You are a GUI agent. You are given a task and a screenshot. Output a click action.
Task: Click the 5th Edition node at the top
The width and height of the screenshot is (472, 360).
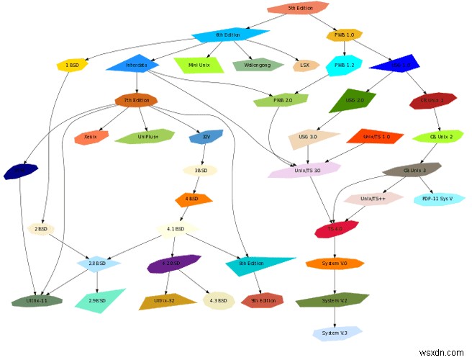click(x=299, y=8)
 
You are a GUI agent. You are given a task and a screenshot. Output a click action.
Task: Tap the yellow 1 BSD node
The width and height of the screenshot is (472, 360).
click(x=72, y=66)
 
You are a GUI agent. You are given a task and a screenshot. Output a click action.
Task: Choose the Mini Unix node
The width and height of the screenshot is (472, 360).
click(x=198, y=65)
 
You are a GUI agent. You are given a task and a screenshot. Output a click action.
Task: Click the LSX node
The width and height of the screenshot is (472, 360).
click(x=306, y=66)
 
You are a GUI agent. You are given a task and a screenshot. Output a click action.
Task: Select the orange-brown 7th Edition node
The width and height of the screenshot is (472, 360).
click(x=137, y=100)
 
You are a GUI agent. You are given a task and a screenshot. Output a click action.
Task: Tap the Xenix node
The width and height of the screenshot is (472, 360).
click(x=91, y=136)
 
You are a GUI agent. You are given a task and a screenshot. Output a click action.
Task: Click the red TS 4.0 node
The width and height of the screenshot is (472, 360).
click(x=336, y=230)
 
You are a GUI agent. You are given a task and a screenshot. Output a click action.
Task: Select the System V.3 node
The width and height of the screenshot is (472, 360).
click(x=336, y=333)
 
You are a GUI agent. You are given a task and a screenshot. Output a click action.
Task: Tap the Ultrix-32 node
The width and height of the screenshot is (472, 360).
click(x=167, y=300)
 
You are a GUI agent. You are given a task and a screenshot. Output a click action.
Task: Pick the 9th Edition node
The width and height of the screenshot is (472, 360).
click(x=263, y=300)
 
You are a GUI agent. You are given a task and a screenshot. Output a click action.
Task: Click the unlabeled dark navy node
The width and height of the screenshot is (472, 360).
click(x=20, y=172)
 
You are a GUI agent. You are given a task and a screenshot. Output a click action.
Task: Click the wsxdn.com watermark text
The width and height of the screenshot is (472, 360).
click(x=441, y=352)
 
